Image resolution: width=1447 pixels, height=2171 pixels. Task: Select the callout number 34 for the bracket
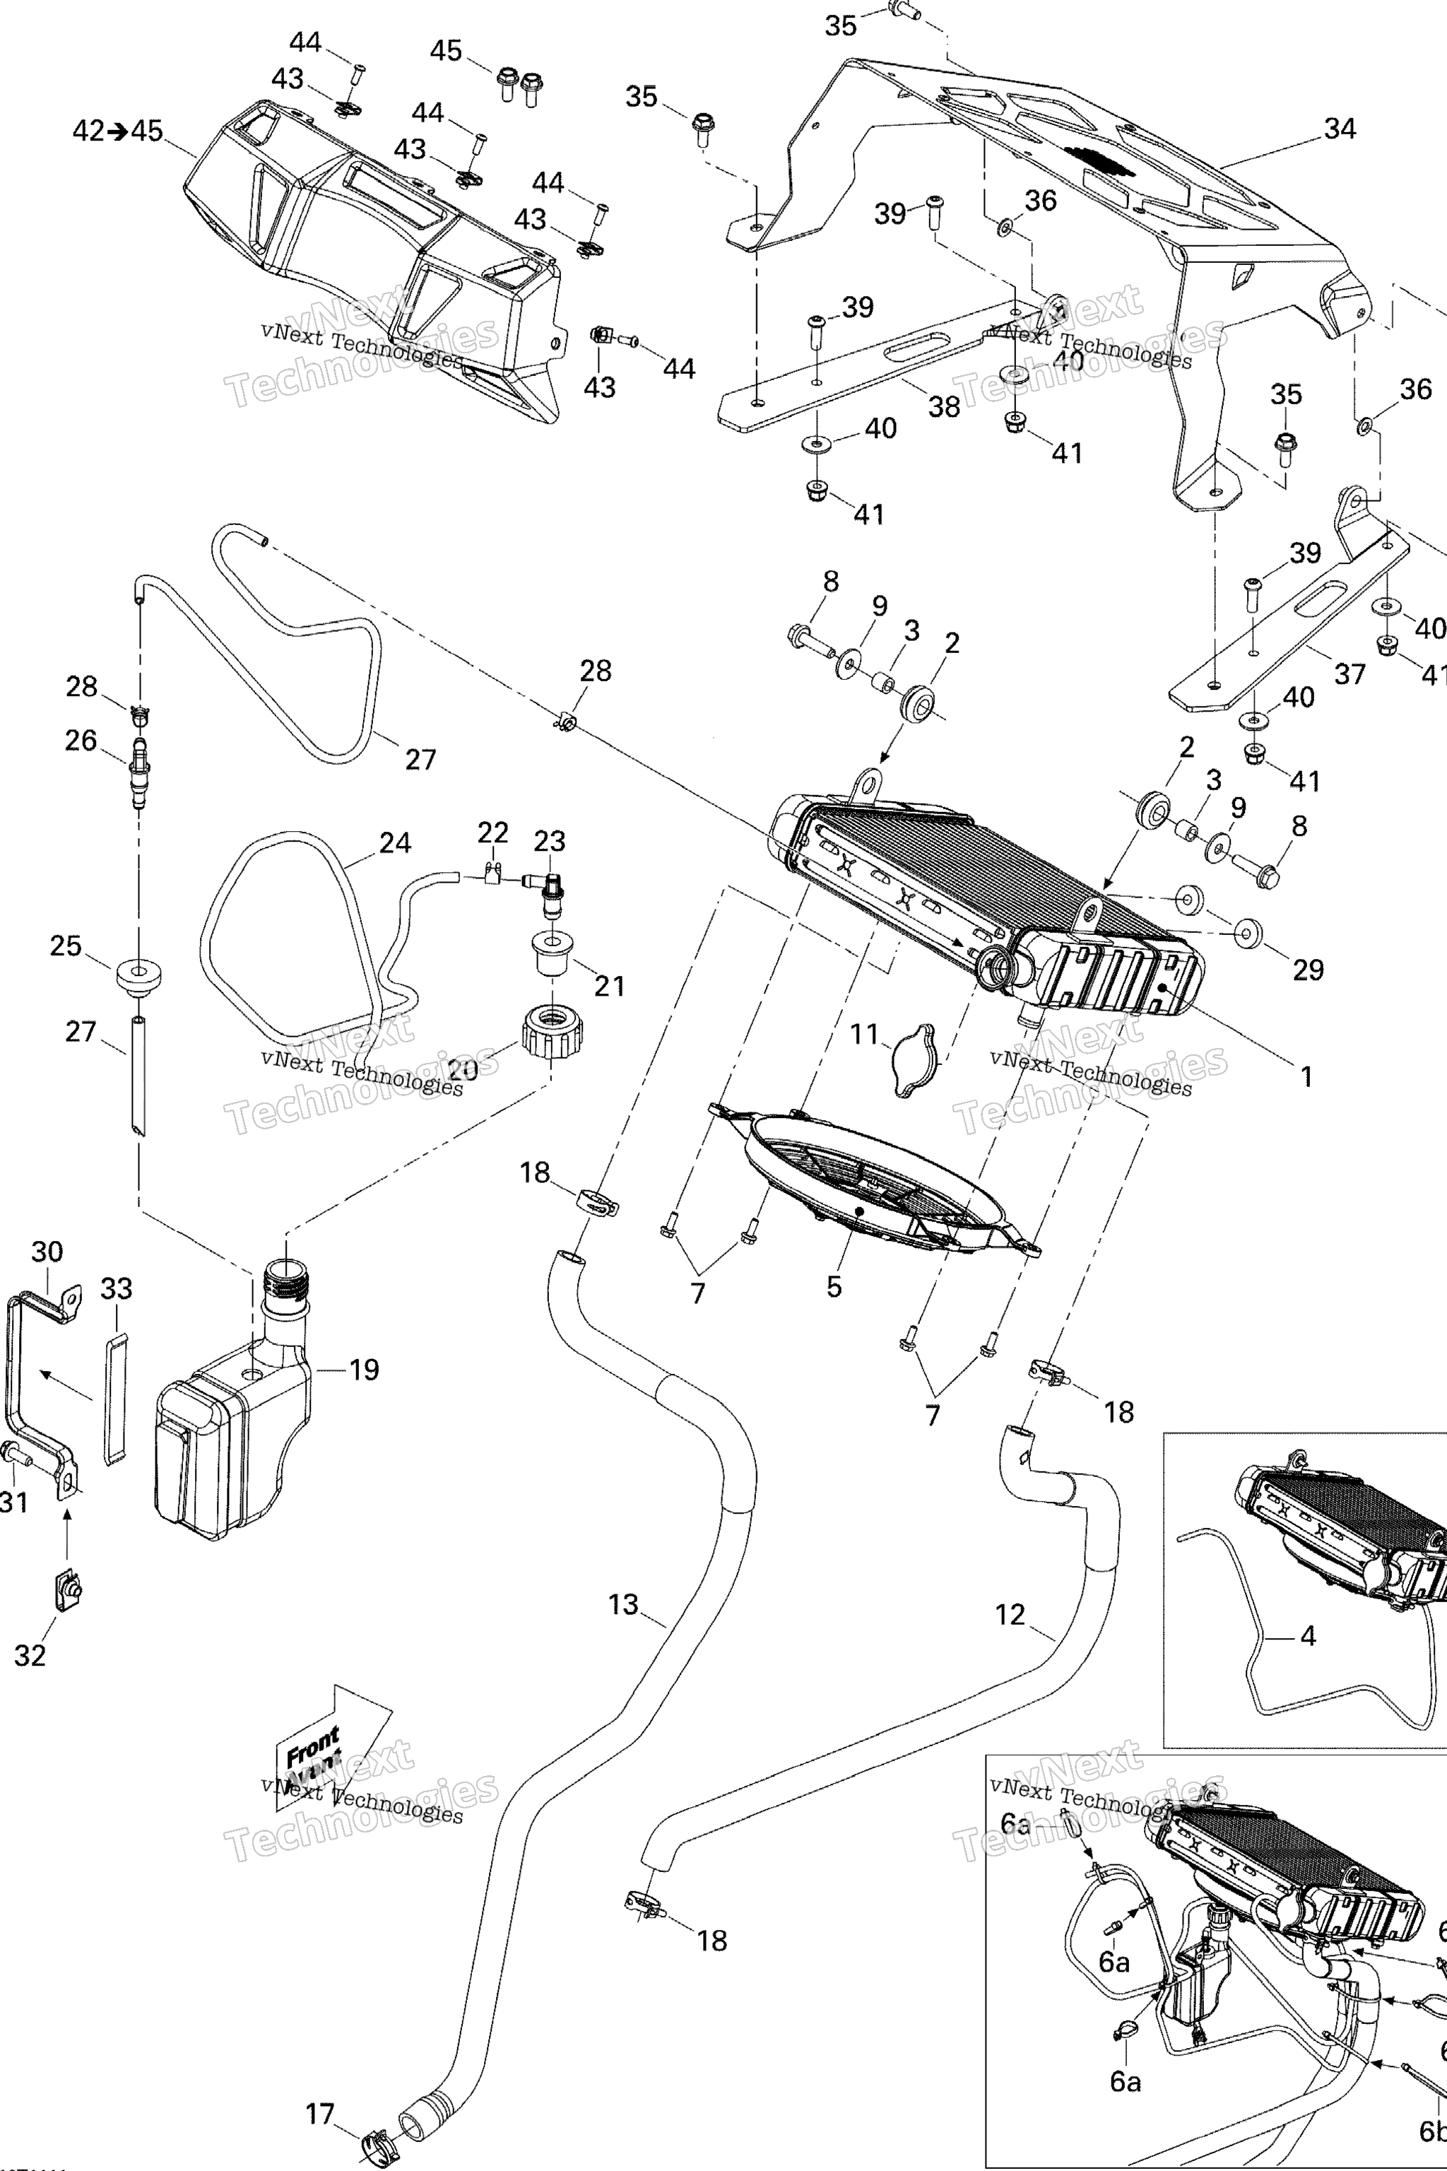pyautogui.click(x=1339, y=129)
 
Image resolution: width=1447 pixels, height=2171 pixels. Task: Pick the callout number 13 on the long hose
pyautogui.click(x=623, y=1604)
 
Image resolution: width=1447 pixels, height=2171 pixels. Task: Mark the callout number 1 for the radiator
pyautogui.click(x=1306, y=1076)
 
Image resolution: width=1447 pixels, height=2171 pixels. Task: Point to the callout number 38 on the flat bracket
pyautogui.click(x=943, y=406)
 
